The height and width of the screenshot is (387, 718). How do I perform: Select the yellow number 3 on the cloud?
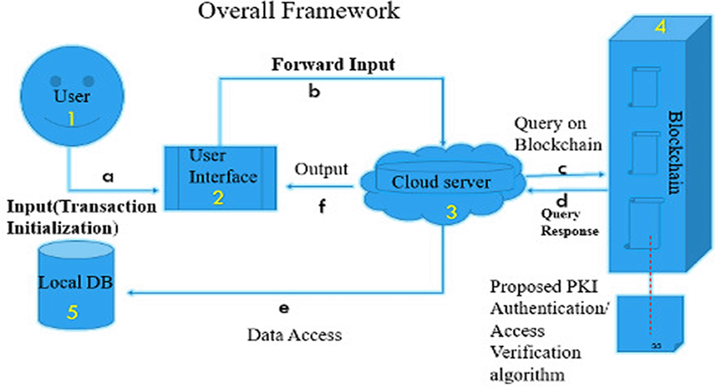point(450,213)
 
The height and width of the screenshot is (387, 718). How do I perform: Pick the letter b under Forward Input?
point(314,91)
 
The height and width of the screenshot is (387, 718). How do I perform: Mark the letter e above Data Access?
point(283,308)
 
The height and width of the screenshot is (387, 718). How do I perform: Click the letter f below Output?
point(322,207)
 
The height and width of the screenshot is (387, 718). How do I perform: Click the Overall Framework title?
point(299,11)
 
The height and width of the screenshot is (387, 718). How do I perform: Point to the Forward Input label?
point(334,64)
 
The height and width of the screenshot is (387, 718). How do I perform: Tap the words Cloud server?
point(441,182)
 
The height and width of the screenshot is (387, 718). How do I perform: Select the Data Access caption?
point(294,334)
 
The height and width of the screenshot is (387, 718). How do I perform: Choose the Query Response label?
point(569,223)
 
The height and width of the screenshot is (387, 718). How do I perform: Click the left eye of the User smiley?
point(57,81)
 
